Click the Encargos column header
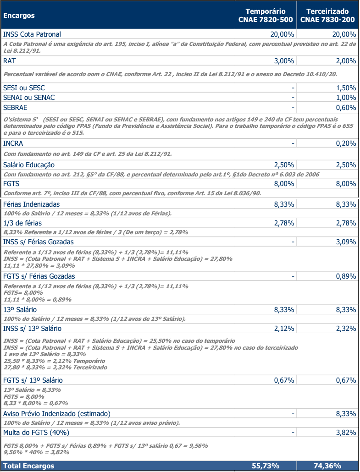[19, 16]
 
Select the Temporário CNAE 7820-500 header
[266, 16]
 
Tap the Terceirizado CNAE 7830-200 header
[327, 16]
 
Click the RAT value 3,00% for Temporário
[284, 61]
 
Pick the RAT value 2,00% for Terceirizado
[346, 61]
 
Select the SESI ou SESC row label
[24, 88]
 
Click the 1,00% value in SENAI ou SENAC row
[346, 98]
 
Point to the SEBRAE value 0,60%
[346, 108]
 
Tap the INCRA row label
[13, 143]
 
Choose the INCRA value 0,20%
[346, 143]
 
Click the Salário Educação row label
[29, 165]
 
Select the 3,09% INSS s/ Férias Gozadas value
[346, 241]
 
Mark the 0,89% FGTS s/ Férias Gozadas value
[346, 276]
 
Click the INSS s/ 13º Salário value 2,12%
[284, 329]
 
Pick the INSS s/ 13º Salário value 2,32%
[346, 329]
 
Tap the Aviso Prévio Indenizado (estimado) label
[57, 414]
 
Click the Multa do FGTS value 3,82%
[346, 433]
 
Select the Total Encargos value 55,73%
[266, 466]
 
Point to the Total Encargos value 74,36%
[327, 466]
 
